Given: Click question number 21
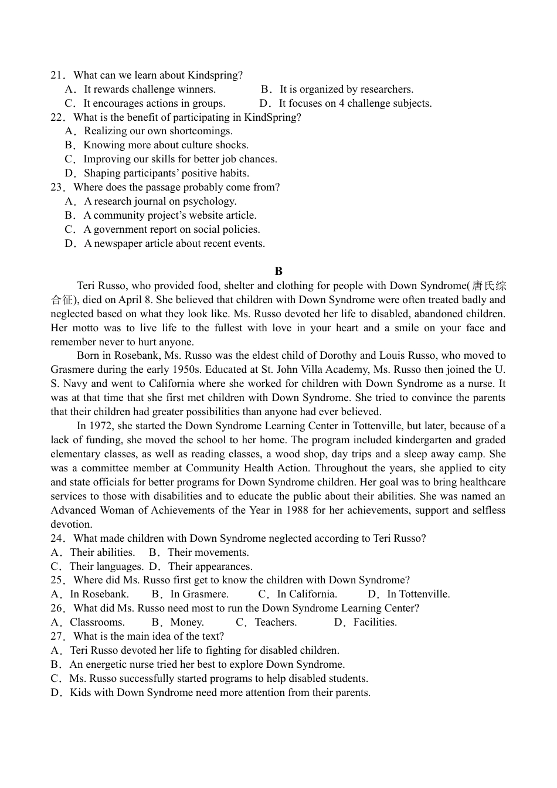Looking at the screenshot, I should [57, 75].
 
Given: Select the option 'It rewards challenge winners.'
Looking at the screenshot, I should [150, 89].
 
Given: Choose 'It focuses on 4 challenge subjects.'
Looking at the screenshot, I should [355, 103].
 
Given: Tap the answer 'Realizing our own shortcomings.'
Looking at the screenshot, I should [158, 131].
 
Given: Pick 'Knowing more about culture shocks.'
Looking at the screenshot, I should [166, 145].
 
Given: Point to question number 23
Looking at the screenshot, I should [57, 187].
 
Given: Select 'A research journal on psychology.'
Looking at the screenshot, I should [160, 201].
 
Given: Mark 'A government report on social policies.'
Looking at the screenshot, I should [171, 229].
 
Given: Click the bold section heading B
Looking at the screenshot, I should [278, 271].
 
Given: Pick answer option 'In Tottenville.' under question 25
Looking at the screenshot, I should [418, 594].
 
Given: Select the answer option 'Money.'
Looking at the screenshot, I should [187, 622].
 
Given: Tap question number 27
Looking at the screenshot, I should [57, 636].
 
